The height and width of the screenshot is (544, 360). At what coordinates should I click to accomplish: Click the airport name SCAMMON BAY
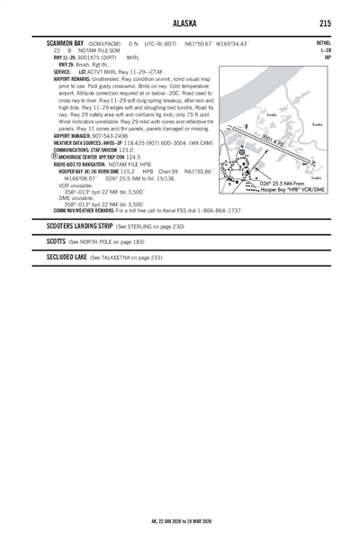67,42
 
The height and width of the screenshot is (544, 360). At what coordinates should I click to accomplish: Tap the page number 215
324,23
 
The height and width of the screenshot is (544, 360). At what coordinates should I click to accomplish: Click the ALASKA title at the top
180,23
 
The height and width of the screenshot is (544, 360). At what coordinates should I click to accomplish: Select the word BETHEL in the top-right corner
323,42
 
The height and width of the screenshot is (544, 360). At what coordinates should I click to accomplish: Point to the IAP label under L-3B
326,57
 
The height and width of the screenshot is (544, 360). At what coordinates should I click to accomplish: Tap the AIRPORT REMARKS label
76,79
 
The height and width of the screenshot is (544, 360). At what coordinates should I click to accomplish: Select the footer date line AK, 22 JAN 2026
180,521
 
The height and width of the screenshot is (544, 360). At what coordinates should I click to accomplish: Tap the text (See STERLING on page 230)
149,227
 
